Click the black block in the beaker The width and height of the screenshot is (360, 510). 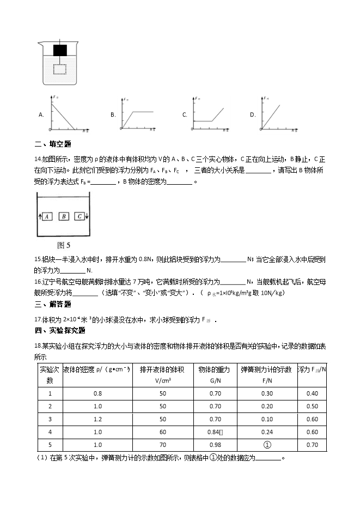tap(60, 51)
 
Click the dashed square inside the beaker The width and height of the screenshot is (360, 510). tap(60, 69)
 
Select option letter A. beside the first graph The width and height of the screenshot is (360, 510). tap(41, 115)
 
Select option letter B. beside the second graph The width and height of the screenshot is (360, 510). tap(113, 115)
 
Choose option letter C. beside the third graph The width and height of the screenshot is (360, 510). tap(185, 115)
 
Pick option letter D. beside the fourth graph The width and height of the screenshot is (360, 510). tap(252, 115)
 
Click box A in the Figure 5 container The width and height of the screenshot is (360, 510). tap(47, 216)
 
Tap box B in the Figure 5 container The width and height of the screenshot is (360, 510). tap(64, 216)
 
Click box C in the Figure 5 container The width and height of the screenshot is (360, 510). tap(80, 216)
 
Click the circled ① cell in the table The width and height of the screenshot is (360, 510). tap(267, 445)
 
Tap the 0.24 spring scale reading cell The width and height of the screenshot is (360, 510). tap(267, 432)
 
